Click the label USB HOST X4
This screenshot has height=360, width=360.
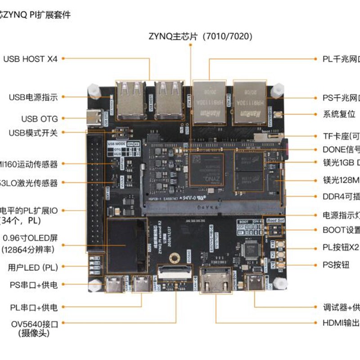click(31, 58)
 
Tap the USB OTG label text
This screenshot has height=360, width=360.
click(40, 119)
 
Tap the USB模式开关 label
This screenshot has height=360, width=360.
click(33, 133)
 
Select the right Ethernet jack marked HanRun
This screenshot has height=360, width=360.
click(250, 103)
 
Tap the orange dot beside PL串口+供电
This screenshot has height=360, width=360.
click(62, 307)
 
